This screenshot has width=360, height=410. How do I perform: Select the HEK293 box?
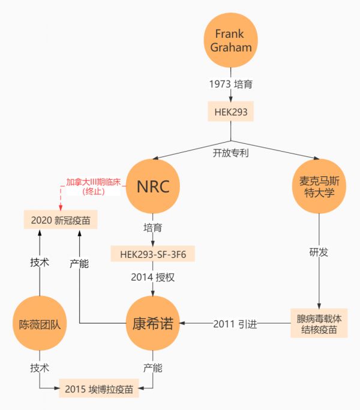coord(231,111)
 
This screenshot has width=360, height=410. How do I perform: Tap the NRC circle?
coord(154,188)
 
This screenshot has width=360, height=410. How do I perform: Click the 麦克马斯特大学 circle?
coord(318,188)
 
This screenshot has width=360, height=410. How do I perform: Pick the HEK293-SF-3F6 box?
coord(153,254)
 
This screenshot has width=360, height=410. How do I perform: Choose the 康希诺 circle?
coord(153,324)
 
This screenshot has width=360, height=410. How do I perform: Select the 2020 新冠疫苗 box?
coord(60,220)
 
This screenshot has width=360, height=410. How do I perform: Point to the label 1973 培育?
coord(231,84)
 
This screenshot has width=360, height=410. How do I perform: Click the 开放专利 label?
coord(231,153)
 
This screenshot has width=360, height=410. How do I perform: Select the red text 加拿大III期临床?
coord(93,181)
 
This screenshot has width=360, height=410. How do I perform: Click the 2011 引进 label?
coord(235,324)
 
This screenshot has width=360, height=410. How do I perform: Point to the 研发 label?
coord(319,252)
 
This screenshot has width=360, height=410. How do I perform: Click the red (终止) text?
coord(93,192)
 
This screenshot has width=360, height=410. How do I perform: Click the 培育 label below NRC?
coord(153,228)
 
